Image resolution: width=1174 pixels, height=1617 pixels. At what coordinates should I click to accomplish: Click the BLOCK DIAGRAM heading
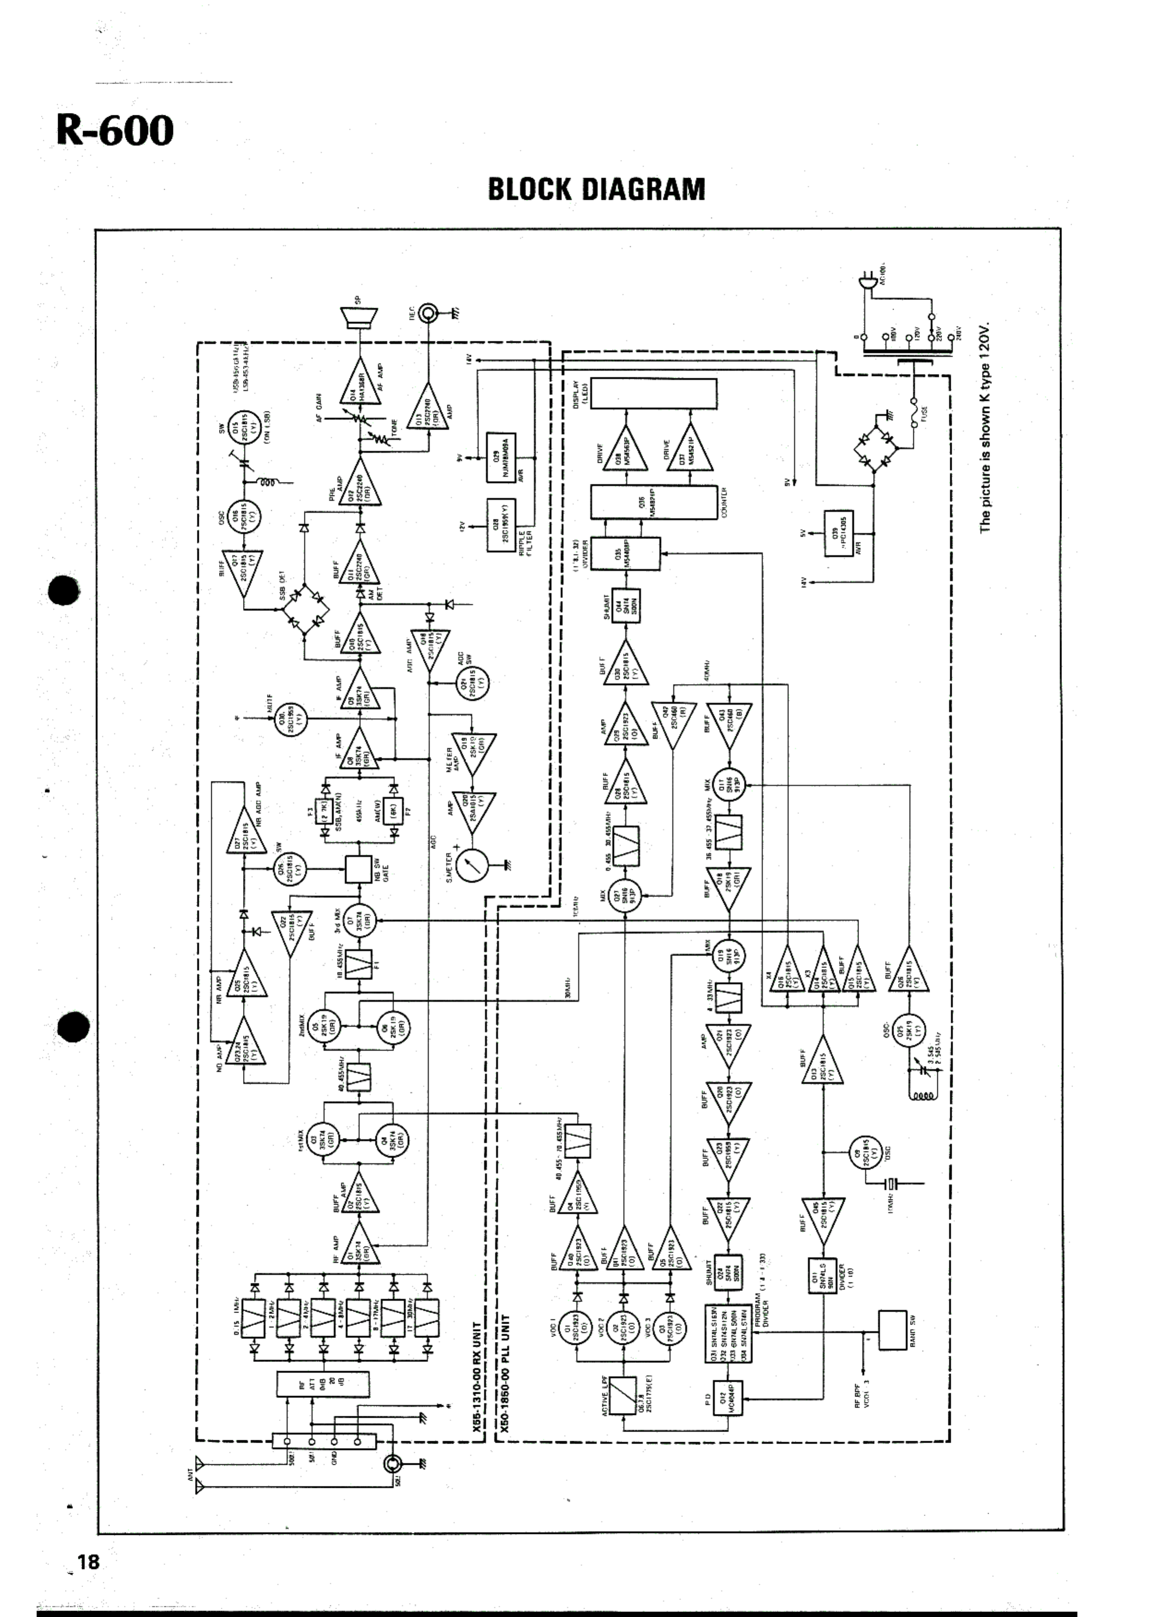(x=596, y=190)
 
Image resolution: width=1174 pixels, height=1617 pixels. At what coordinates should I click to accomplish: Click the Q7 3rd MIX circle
(x=359, y=921)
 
